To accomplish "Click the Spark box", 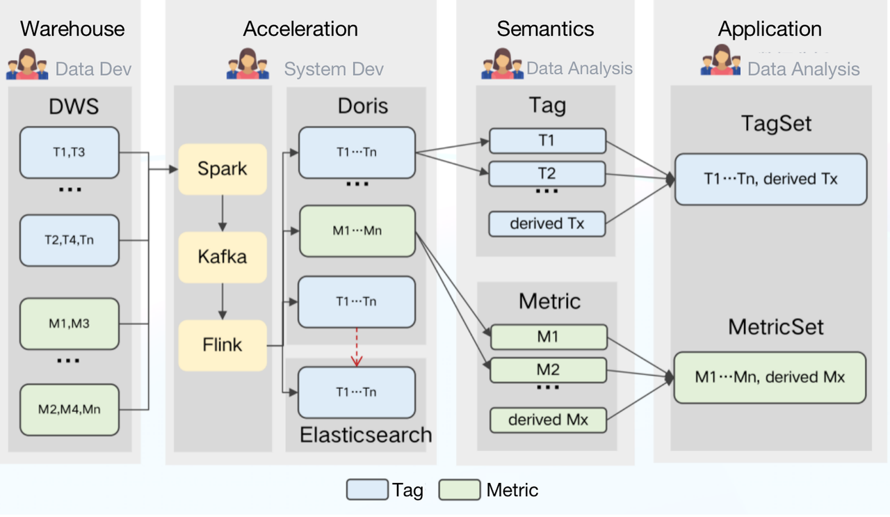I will (222, 169).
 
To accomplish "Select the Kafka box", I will (222, 257).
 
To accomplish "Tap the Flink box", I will (222, 344).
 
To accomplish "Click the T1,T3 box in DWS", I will (70, 152).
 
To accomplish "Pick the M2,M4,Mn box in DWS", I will (70, 409).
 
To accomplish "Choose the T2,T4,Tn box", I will (70, 241).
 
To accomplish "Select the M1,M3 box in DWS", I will (70, 324).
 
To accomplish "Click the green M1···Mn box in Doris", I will (356, 231).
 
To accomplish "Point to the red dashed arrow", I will (357, 347).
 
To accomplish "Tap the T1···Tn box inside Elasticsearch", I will (356, 392).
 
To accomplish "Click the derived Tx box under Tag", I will (547, 224).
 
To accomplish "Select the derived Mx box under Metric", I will (549, 420).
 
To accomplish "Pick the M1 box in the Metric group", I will (549, 337).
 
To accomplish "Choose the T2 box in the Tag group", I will (547, 174).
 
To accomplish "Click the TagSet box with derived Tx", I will (770, 180).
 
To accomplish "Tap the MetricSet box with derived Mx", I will (770, 377).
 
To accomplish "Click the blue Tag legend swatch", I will (367, 490).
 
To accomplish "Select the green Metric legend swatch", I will (460, 490).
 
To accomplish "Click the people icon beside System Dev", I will (248, 64).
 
